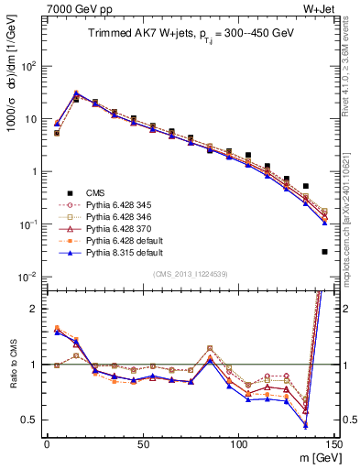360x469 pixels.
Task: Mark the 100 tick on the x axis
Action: (x=239, y=444)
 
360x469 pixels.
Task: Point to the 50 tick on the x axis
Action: (x=143, y=444)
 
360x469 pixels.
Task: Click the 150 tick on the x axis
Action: (x=334, y=444)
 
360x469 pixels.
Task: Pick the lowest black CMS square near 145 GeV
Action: (x=325, y=252)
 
